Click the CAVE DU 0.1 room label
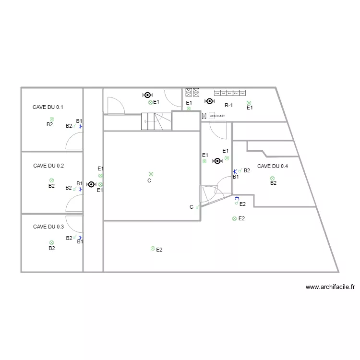click(48, 108)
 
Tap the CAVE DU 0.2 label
click(48, 166)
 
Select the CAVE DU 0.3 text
click(48, 227)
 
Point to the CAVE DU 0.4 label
click(273, 167)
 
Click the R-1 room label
click(228, 106)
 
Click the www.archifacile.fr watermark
click(330, 288)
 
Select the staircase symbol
click(156, 121)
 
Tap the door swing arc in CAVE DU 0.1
click(73, 140)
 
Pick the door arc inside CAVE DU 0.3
click(74, 224)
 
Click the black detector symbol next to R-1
click(209, 101)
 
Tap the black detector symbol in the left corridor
click(91, 184)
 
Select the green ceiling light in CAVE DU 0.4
click(272, 178)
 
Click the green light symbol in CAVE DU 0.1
click(51, 120)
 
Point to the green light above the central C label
click(151, 174)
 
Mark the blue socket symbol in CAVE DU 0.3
click(80, 238)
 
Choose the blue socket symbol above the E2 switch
click(237, 197)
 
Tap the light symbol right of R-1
click(249, 103)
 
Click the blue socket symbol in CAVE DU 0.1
click(80, 127)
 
